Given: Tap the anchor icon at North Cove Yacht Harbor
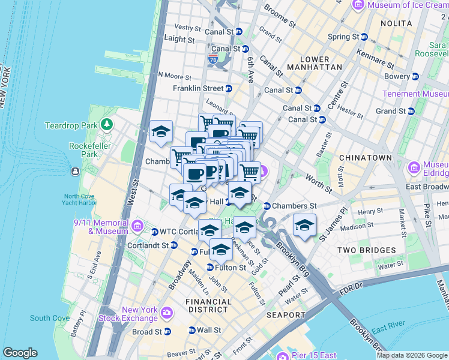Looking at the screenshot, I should pyautogui.click(x=74, y=172).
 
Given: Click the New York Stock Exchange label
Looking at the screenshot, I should pyautogui.click(x=140, y=314).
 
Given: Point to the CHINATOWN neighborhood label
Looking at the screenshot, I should pyautogui.click(x=365, y=158).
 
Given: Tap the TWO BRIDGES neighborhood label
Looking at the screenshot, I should pyautogui.click(x=366, y=250).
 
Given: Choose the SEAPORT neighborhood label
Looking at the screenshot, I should pyautogui.click(x=286, y=314).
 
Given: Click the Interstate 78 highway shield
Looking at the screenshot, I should pyautogui.click(x=213, y=60).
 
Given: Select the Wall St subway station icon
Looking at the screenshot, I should pyautogui.click(x=191, y=330).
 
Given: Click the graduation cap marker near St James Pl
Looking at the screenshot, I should pyautogui.click(x=305, y=226).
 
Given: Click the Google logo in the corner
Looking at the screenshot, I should pyautogui.click(x=20, y=353).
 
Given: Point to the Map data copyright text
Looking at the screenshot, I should pyautogui.click(x=411, y=355).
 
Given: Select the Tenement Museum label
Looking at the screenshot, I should pyautogui.click(x=415, y=94).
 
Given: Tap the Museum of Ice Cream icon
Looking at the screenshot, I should pyautogui.click(x=359, y=5).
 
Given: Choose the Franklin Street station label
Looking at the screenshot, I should pyautogui.click(x=198, y=88).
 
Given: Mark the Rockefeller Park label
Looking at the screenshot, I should pyautogui.click(x=83, y=150).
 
